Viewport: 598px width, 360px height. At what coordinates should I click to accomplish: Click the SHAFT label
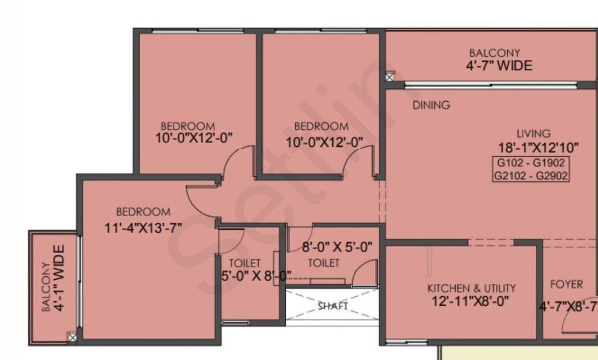pyautogui.click(x=333, y=306)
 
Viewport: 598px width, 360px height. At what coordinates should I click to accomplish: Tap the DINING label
pyautogui.click(x=431, y=105)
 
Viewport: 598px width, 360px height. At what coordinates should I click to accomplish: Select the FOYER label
pyautogui.click(x=566, y=284)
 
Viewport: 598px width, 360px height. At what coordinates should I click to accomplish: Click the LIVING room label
pyautogui.click(x=534, y=133)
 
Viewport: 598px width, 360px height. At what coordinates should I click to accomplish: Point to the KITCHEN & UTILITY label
pyautogui.click(x=471, y=288)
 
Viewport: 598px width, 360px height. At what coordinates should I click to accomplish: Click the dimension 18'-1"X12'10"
pyautogui.click(x=538, y=147)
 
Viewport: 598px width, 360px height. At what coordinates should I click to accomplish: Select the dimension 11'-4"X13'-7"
pyautogui.click(x=143, y=228)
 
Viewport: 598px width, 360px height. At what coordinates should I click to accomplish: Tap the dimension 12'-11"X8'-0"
pyautogui.click(x=470, y=301)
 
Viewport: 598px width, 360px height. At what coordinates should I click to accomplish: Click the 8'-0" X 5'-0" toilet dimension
pyautogui.click(x=337, y=247)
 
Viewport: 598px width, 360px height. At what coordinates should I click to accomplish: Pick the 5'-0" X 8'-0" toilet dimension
pyautogui.click(x=256, y=275)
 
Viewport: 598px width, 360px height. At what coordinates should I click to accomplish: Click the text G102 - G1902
pyautogui.click(x=530, y=163)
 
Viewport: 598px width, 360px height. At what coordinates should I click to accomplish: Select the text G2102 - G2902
pyautogui.click(x=531, y=176)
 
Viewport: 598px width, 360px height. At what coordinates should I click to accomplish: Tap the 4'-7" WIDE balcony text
pyautogui.click(x=499, y=65)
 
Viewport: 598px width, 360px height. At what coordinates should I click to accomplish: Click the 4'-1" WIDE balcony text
pyautogui.click(x=59, y=279)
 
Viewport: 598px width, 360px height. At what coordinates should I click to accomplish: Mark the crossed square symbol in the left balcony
pyautogui.click(x=72, y=337)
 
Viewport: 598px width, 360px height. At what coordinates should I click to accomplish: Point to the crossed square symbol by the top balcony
pyautogui.click(x=389, y=78)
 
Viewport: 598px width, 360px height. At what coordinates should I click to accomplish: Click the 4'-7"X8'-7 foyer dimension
pyautogui.click(x=568, y=306)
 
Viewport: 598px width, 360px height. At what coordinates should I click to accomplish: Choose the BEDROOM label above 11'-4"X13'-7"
pyautogui.click(x=143, y=212)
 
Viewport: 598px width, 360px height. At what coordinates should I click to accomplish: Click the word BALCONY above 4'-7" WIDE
pyautogui.click(x=494, y=53)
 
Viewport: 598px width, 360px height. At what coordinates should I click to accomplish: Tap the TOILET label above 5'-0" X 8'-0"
pyautogui.click(x=245, y=263)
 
